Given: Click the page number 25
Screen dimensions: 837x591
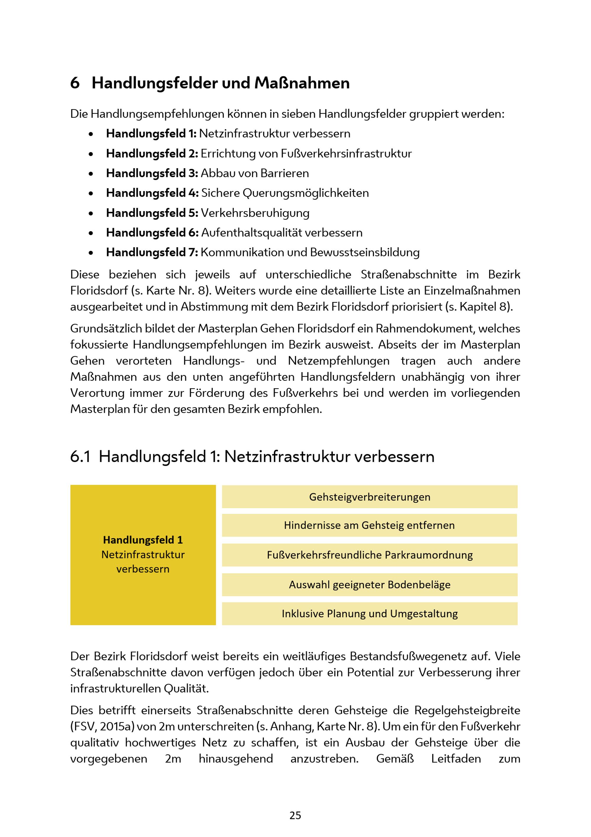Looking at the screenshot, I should tap(295, 815).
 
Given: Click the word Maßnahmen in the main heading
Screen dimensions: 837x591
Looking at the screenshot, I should tap(302, 83).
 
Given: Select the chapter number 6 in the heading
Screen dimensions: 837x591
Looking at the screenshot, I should tap(75, 83).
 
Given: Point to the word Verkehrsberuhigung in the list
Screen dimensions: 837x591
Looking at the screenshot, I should tap(255, 213).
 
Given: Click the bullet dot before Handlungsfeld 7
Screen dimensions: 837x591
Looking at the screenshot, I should tap(91, 253).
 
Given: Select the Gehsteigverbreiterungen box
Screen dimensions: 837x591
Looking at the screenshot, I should tap(369, 497).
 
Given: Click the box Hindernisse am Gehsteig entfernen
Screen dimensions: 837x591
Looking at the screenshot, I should tap(369, 525).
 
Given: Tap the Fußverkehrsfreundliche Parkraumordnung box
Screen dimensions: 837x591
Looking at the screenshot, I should tap(369, 555).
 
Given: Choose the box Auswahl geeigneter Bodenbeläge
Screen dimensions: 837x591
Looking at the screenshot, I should tap(369, 584).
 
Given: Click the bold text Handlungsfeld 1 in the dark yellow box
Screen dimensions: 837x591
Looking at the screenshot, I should tap(143, 540).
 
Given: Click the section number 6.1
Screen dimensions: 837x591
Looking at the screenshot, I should tap(80, 457).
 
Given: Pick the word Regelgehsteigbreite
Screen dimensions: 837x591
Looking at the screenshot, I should tap(467, 710).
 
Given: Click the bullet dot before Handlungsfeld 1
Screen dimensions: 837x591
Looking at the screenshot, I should tap(91, 134).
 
